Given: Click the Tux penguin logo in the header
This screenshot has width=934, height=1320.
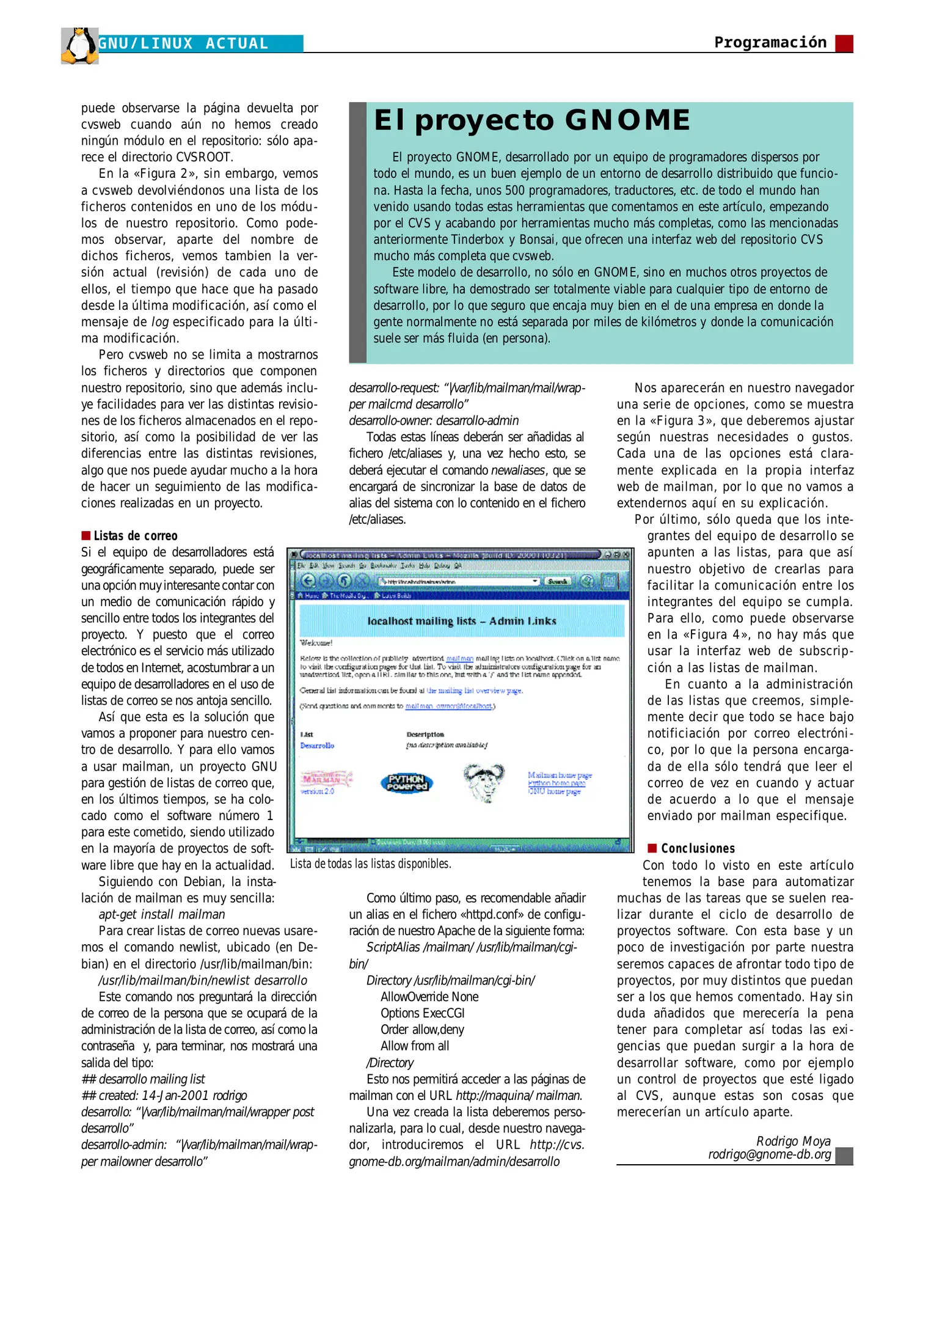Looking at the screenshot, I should pyautogui.click(x=80, y=45).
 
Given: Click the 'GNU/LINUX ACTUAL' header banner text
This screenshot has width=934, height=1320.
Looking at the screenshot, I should pyautogui.click(x=183, y=44).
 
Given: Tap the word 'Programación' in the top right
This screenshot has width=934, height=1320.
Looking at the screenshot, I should pyautogui.click(x=770, y=42).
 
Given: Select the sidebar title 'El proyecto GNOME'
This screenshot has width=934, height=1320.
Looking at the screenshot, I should pyautogui.click(x=531, y=120).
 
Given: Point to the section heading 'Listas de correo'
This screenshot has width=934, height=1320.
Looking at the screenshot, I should pyautogui.click(x=136, y=536).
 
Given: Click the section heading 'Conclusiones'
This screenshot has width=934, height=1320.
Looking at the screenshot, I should pyautogui.click(x=698, y=848).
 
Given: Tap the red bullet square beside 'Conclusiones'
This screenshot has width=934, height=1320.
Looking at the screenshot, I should pyautogui.click(x=652, y=848).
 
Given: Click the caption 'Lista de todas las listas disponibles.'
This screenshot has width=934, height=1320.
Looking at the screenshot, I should pyautogui.click(x=370, y=864).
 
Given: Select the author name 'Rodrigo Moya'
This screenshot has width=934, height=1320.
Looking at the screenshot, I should pyautogui.click(x=793, y=1141).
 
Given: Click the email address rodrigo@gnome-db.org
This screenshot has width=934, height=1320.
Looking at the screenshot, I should pyautogui.click(x=769, y=1154).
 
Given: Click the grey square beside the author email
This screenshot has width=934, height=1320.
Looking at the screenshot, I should pyautogui.click(x=844, y=1156).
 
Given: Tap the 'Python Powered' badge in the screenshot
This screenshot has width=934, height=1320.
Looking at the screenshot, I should pyautogui.click(x=407, y=783).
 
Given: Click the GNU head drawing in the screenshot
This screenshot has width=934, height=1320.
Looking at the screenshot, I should pyautogui.click(x=483, y=782).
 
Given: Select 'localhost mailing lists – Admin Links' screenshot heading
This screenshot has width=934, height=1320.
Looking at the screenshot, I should pyautogui.click(x=462, y=621).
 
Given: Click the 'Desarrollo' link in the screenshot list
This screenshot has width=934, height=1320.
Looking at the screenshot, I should pyautogui.click(x=317, y=746).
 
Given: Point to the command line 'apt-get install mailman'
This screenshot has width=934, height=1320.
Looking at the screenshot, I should pyautogui.click(x=162, y=914).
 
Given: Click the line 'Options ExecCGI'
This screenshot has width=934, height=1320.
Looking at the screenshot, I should pyautogui.click(x=422, y=1013).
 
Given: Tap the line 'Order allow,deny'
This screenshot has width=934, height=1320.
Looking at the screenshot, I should pyautogui.click(x=422, y=1029).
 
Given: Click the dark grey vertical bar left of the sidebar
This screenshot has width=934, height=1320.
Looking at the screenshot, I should pyautogui.click(x=357, y=232).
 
